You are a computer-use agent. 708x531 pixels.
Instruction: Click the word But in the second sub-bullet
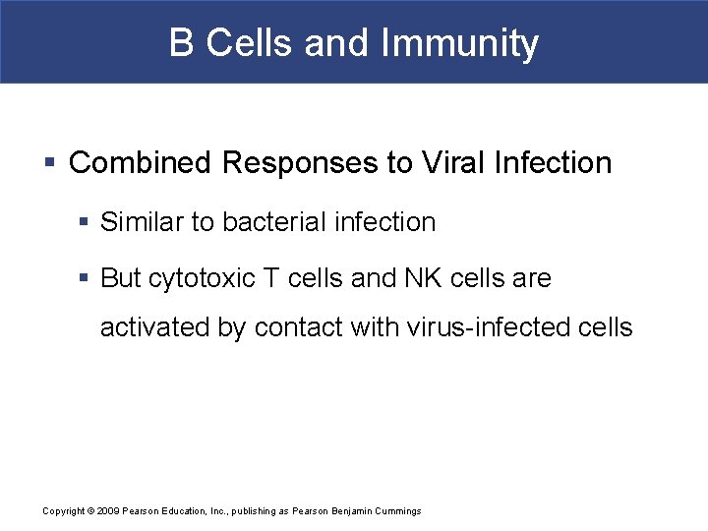coord(121,278)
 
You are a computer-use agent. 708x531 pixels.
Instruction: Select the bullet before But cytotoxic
coord(84,279)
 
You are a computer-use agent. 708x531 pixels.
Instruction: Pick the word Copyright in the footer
coord(64,511)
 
